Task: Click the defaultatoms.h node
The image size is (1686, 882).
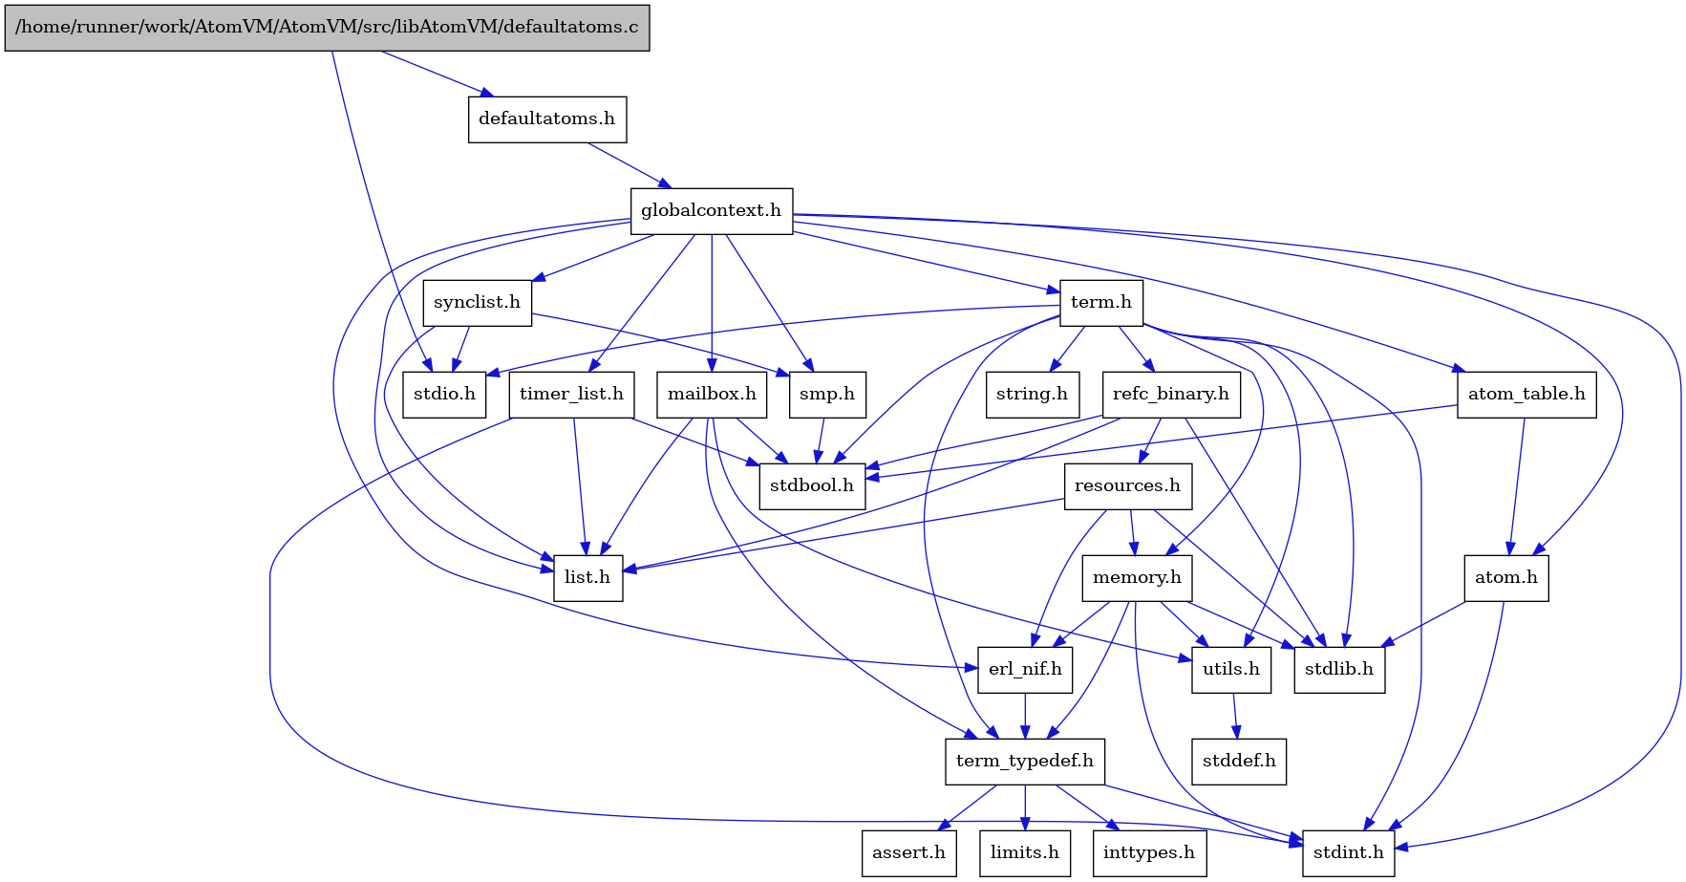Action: pos(546,119)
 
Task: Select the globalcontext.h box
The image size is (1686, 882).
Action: pos(711,211)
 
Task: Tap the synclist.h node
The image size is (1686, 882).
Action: pos(477,303)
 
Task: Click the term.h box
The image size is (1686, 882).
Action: pos(1100,303)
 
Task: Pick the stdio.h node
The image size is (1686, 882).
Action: pos(444,395)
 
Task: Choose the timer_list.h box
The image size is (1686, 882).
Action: pos(571,395)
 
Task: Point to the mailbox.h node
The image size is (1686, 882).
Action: pos(712,395)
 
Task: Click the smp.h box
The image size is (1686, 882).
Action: pos(827,395)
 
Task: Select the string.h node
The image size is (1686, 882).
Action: pos(1032,395)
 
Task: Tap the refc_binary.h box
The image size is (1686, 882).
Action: pos(1170,395)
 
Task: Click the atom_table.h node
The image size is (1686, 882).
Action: pos(1526,395)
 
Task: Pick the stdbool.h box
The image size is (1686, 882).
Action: pos(812,486)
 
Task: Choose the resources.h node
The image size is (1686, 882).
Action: pos(1127,486)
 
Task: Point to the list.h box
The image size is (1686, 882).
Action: pos(587,578)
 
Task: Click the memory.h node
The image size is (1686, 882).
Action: pos(1137,578)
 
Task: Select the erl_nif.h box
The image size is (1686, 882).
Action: pos(1025,670)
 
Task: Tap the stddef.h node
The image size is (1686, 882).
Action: pos(1239,762)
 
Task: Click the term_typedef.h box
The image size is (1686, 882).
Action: pos(1025,762)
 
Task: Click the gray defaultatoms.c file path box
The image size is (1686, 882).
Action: pos(327,28)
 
